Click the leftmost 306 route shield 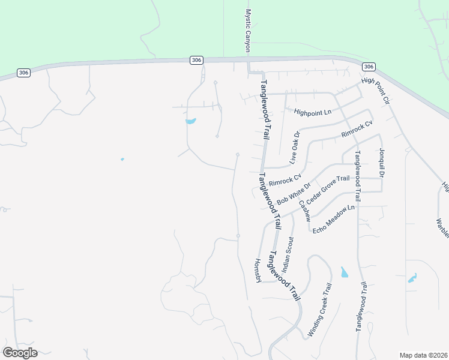point(23,73)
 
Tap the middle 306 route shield point(197,60)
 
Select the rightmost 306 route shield point(369,67)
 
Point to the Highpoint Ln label point(313,112)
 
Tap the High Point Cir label point(375,91)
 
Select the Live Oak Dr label point(294,148)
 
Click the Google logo point(20,353)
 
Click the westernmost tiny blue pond point(122,159)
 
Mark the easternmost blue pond point(412,278)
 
